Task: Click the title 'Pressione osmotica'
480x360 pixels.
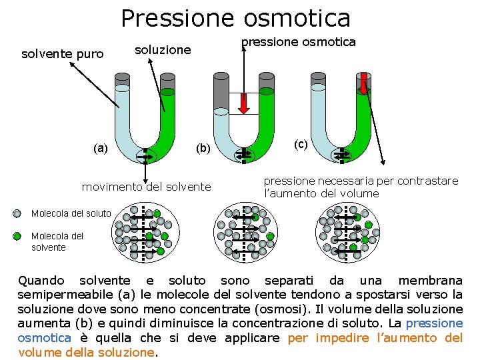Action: [235, 18]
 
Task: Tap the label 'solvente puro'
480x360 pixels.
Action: [63, 53]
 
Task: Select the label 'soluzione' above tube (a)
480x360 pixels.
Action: [163, 49]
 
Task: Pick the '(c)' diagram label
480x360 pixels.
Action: [301, 144]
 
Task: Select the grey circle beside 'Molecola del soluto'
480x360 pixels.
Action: [17, 214]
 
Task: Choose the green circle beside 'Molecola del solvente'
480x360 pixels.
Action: [17, 235]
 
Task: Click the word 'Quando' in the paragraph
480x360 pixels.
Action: [41, 281]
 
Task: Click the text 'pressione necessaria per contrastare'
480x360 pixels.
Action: [361, 181]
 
